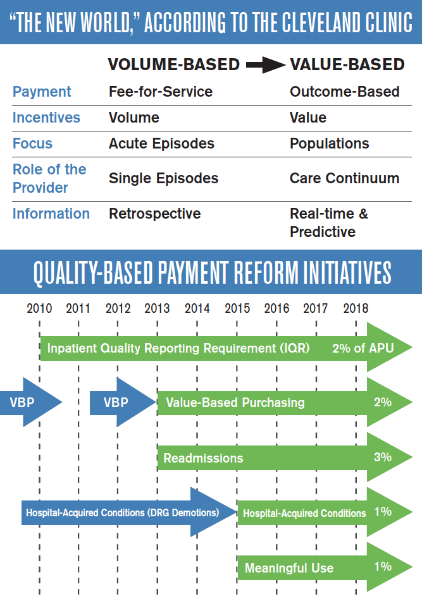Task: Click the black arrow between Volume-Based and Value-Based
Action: point(264,64)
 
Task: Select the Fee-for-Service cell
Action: point(161,92)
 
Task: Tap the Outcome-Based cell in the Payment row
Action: point(344,92)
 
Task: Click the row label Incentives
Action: point(46,118)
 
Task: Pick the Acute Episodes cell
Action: point(161,143)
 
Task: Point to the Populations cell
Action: point(329,143)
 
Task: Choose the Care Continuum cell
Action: point(344,178)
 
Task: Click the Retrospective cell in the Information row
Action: point(154,214)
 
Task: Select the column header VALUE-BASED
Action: point(347,64)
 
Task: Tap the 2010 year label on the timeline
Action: point(39,308)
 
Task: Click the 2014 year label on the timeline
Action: point(197,308)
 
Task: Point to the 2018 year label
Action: point(356,308)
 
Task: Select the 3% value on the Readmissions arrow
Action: point(383,457)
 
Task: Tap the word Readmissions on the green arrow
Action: point(203,458)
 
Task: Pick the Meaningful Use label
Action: point(289,567)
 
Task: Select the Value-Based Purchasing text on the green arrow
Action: point(235,403)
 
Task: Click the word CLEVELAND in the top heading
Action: point(307,22)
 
